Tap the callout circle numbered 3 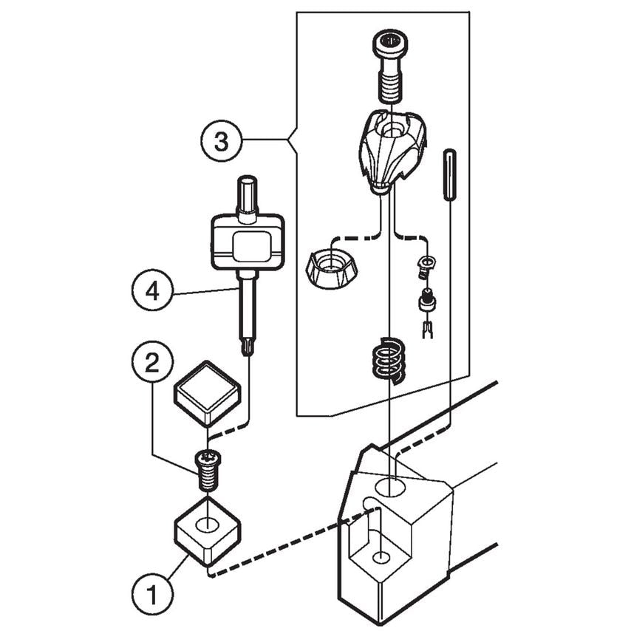(x=221, y=140)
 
